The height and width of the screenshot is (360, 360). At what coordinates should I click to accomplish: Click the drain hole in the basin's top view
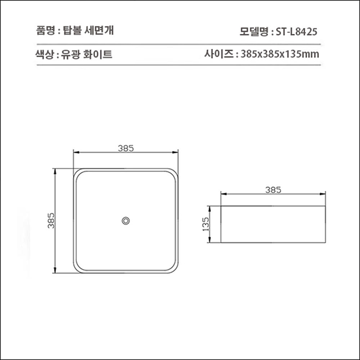pyautogui.click(x=126, y=221)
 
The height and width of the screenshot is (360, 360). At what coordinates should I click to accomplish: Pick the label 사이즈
pyautogui.click(x=219, y=54)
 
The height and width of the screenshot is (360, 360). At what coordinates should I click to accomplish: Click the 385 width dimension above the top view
pyautogui.click(x=126, y=148)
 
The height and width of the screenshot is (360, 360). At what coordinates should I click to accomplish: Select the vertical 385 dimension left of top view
pyautogui.click(x=51, y=221)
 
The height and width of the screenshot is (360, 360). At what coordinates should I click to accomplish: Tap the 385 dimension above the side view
pyautogui.click(x=273, y=189)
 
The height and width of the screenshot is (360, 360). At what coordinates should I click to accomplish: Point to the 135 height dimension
pyautogui.click(x=206, y=224)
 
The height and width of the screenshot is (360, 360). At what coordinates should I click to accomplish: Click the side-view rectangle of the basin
pyautogui.click(x=273, y=224)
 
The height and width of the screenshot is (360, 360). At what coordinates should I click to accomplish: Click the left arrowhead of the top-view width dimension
pyautogui.click(x=76, y=153)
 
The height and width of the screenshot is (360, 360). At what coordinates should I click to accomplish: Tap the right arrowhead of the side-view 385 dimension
pyautogui.click(x=323, y=194)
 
